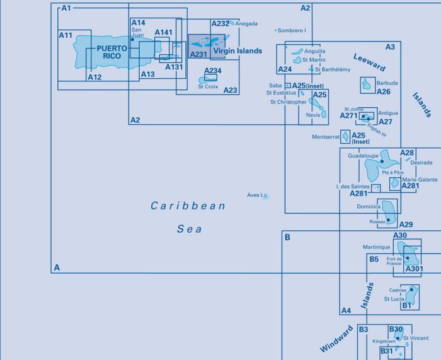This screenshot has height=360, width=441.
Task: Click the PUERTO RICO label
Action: click(x=112, y=52)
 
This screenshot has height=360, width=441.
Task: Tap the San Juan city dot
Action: click(x=132, y=40)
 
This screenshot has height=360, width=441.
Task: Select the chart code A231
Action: click(x=198, y=54)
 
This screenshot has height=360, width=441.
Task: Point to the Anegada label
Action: click(x=246, y=24)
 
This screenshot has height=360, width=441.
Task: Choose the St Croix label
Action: click(x=208, y=86)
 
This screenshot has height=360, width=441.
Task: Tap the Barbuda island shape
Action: click(x=367, y=84)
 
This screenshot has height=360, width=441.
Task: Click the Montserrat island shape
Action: click(x=345, y=137)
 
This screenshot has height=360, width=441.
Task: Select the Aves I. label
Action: click(x=255, y=195)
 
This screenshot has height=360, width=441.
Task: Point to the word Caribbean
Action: click(x=188, y=206)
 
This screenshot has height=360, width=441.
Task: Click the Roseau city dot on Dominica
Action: click(x=389, y=220)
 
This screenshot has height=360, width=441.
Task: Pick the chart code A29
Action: click(x=406, y=224)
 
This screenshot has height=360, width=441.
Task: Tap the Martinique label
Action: click(x=376, y=247)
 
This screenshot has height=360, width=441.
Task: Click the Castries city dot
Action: click(x=411, y=289)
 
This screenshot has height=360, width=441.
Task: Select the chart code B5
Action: click(x=374, y=259)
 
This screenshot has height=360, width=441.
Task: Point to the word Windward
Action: click(x=336, y=339)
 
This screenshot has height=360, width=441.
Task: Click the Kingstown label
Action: click(x=384, y=341)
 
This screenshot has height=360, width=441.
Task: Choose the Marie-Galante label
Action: click(x=420, y=180)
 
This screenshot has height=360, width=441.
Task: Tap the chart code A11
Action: click(x=66, y=35)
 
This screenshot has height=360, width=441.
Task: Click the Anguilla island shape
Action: click(x=297, y=52)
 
